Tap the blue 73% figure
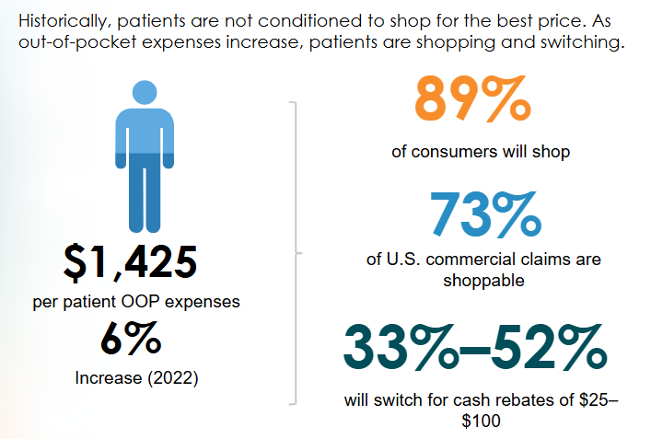(482, 214)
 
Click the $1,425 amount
(130, 262)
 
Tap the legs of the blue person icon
(145, 193)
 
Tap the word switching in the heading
(587, 42)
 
